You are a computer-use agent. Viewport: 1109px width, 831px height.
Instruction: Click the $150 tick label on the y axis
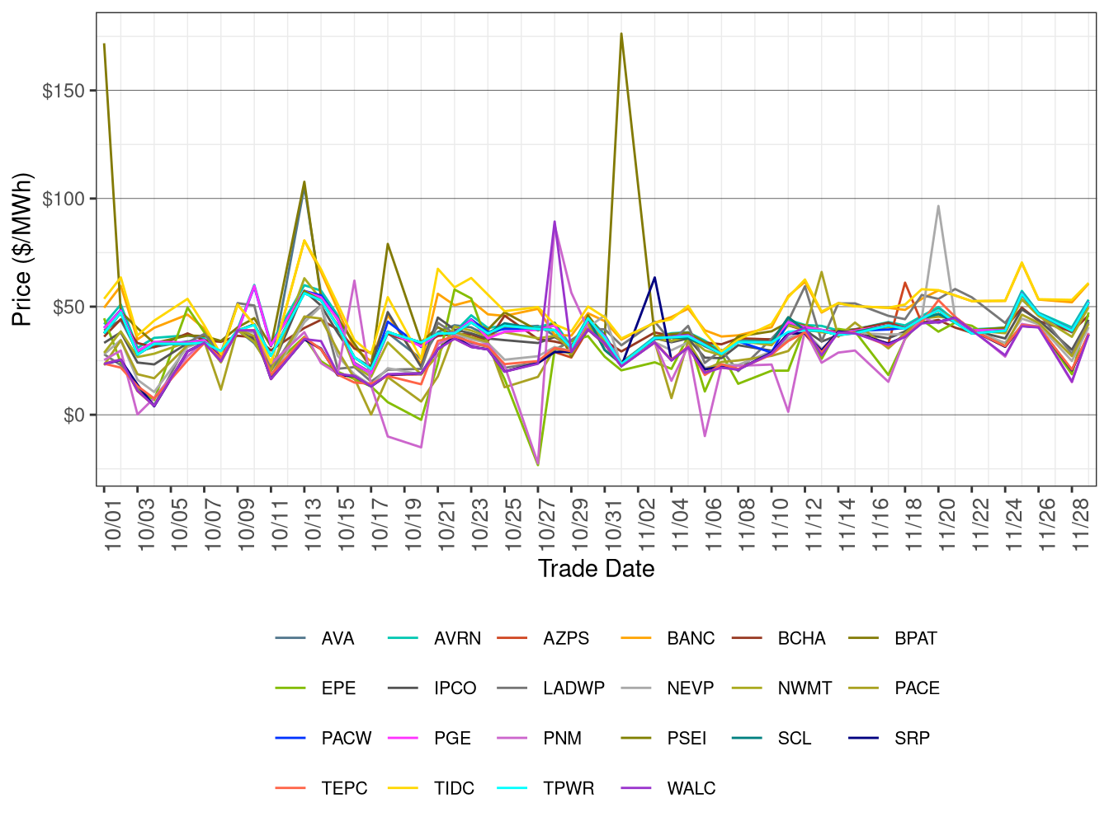click(x=64, y=91)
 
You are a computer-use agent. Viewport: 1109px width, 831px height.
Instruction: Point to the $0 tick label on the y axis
click(x=74, y=415)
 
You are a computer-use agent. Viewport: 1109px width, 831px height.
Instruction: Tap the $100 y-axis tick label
click(x=64, y=199)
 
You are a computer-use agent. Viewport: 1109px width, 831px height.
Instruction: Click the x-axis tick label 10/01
click(x=114, y=519)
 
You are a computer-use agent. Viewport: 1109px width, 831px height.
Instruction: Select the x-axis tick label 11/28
click(x=1082, y=519)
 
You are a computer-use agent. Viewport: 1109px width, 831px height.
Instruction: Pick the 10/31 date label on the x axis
click(x=615, y=519)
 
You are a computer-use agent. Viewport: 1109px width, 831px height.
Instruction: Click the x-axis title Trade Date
click(x=596, y=569)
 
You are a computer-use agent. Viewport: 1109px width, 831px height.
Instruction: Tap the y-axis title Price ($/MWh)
click(x=21, y=249)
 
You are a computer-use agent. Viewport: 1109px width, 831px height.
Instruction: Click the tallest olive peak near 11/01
click(x=621, y=34)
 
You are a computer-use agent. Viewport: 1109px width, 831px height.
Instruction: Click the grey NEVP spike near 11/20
click(x=938, y=206)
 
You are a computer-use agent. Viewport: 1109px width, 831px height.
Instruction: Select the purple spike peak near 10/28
click(x=554, y=221)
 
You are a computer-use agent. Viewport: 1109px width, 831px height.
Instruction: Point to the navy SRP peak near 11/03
click(x=654, y=277)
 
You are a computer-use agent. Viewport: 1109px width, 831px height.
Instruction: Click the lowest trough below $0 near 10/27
click(x=538, y=466)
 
